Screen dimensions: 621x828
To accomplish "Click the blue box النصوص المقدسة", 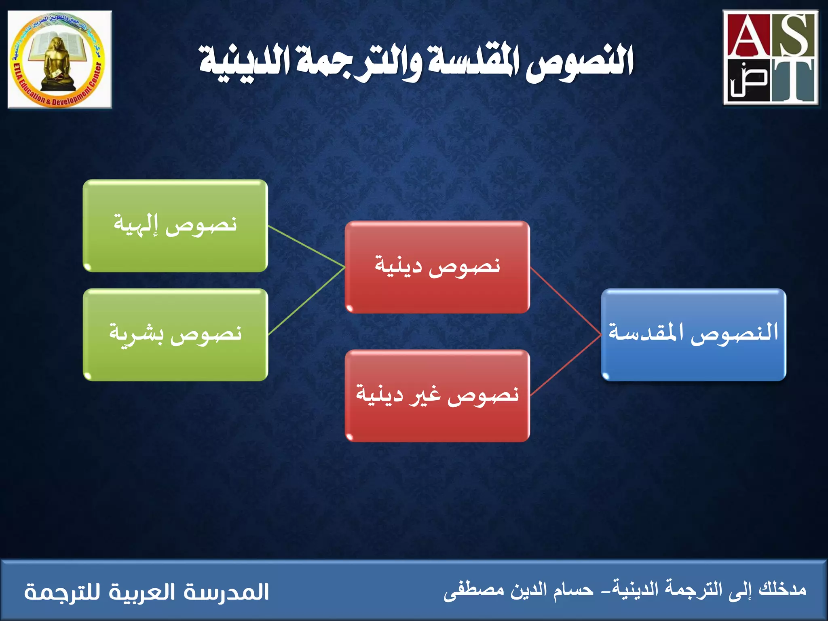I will coord(693,335).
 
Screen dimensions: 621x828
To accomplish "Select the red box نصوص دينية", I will coord(437,267).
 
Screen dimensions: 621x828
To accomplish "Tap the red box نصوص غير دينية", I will coord(437,395).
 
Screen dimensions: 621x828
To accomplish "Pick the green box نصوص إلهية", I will coord(175,226).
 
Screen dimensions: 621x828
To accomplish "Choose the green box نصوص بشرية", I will coord(175,335).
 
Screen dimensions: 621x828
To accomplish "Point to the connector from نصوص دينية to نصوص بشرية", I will coord(306,301).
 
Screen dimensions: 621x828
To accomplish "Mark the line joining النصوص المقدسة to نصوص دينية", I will coord(566,301).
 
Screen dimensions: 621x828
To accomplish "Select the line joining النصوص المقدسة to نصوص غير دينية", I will coord(566,365).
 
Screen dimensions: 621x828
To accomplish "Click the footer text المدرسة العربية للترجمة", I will coord(146,592).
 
